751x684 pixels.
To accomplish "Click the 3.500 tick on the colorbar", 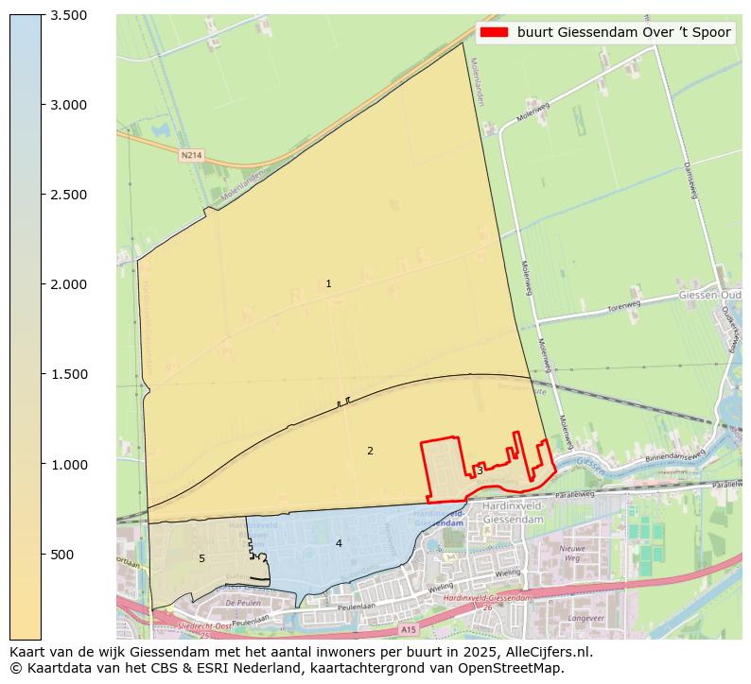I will [68, 15].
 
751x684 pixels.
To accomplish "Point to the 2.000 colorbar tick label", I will [68, 284].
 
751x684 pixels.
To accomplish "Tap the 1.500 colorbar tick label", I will [68, 374].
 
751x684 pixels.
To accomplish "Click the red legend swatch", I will [493, 32].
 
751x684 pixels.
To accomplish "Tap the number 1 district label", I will [328, 283].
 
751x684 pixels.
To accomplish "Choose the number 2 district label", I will [370, 451].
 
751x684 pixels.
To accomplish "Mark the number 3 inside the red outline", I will [480, 470].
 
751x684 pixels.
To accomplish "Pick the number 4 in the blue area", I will [338, 543].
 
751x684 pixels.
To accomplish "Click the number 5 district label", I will [201, 558].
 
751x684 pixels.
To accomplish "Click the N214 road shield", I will [191, 154].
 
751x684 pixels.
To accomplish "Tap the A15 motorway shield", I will [408, 629].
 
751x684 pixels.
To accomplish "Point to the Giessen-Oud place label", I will [709, 296].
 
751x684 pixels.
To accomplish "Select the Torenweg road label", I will [623, 306].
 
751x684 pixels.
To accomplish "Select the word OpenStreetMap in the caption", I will [513, 668].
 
